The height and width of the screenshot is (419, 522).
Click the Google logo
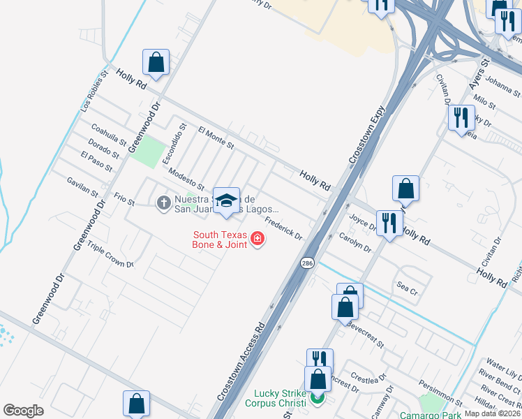tap(23, 410)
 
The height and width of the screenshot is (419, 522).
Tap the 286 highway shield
tap(307, 263)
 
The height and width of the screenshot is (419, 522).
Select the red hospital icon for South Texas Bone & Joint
tap(258, 240)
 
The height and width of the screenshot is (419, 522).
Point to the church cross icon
tap(163, 203)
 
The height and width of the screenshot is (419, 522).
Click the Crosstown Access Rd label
tap(241, 361)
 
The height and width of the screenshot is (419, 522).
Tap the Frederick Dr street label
tap(283, 228)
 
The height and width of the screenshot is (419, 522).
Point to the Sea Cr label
tap(406, 287)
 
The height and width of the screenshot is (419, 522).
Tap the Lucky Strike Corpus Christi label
tap(276, 399)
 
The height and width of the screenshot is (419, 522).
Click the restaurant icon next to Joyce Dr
tap(389, 223)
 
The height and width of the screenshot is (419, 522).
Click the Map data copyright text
tap(493, 413)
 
